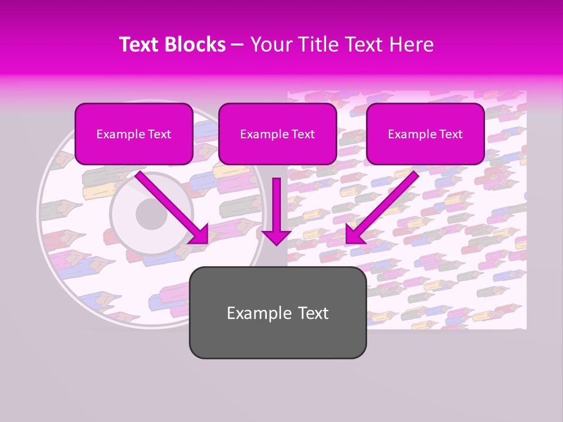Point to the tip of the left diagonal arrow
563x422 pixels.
pyautogui.click(x=206, y=241)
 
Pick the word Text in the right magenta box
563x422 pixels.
pyautogui.click(x=451, y=134)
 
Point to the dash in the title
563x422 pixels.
pyautogui.click(x=238, y=45)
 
